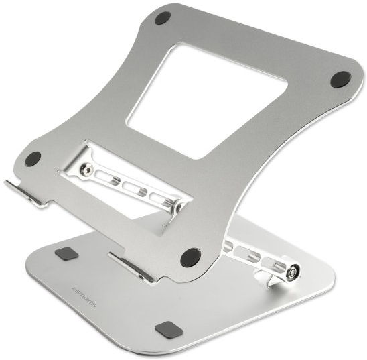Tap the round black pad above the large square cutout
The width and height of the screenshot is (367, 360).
[162, 18]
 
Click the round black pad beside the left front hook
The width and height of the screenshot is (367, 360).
[32, 159]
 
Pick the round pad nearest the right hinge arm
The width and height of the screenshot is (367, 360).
[190, 256]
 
